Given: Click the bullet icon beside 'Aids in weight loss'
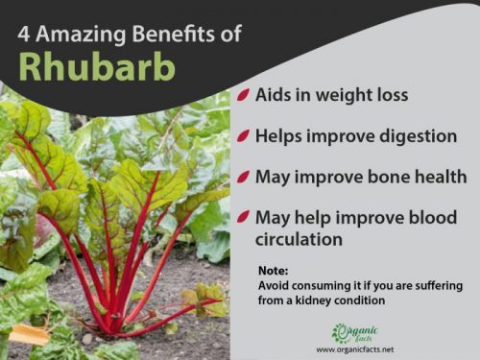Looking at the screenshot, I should click(x=246, y=96).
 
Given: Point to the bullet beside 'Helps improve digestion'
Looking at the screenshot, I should click(x=246, y=136).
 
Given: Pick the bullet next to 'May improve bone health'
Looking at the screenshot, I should click(x=246, y=178).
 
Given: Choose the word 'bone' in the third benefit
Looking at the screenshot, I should click(x=374, y=178).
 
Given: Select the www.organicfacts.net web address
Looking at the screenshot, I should click(x=356, y=349).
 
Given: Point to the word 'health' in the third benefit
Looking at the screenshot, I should click(x=431, y=178).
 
